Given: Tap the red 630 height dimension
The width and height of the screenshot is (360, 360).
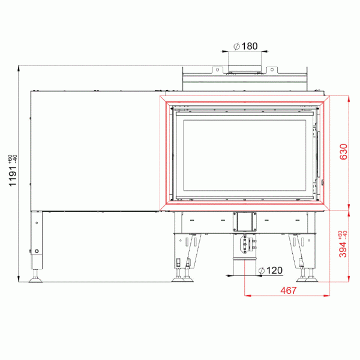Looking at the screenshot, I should (343, 152).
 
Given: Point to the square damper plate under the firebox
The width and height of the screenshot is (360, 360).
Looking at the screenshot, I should (244, 223).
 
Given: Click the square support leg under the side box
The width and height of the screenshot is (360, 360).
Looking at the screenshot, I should (37, 240).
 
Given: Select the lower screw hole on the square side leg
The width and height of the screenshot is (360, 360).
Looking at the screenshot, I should (37, 251).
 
